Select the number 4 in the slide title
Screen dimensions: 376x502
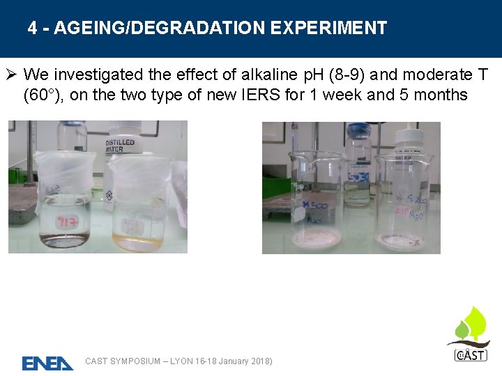[33, 28]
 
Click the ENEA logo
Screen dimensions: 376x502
[47, 363]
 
